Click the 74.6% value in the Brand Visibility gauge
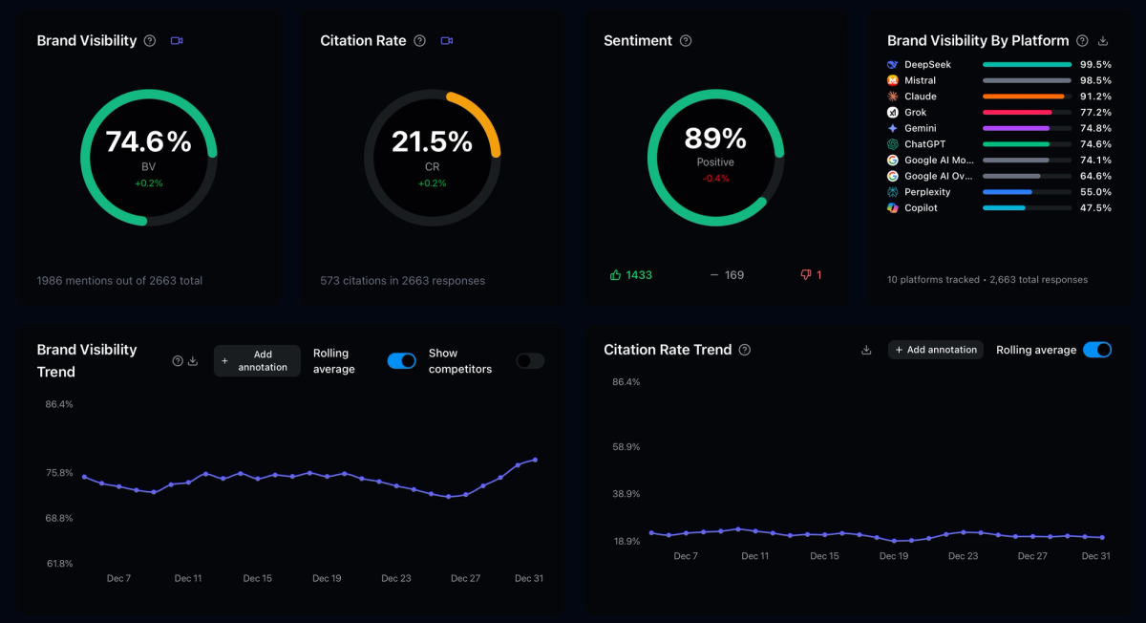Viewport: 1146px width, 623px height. [x=148, y=142]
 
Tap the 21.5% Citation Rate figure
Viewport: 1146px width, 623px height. [x=432, y=142]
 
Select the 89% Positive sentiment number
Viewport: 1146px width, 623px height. [x=715, y=140]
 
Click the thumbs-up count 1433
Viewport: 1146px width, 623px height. [x=639, y=275]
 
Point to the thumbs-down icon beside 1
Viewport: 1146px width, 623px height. [x=806, y=275]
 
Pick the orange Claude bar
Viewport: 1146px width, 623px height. [x=1023, y=97]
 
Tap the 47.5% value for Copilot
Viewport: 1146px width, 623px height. [x=1095, y=208]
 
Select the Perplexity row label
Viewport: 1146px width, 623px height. [x=927, y=192]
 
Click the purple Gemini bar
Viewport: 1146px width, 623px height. [x=1015, y=128]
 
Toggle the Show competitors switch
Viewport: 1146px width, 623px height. [x=530, y=360]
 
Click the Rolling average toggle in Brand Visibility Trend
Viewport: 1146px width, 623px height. [x=402, y=360]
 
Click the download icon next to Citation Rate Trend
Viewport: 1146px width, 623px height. [x=866, y=350]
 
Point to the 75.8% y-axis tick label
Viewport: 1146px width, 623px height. [x=59, y=473]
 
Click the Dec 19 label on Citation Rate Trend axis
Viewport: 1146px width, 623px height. [x=894, y=556]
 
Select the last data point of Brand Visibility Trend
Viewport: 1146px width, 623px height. [x=535, y=460]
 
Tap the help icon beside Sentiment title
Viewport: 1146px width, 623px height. [x=686, y=41]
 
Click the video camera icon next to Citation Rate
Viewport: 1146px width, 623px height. [x=446, y=41]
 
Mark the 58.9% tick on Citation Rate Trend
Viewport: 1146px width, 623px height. [x=626, y=447]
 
